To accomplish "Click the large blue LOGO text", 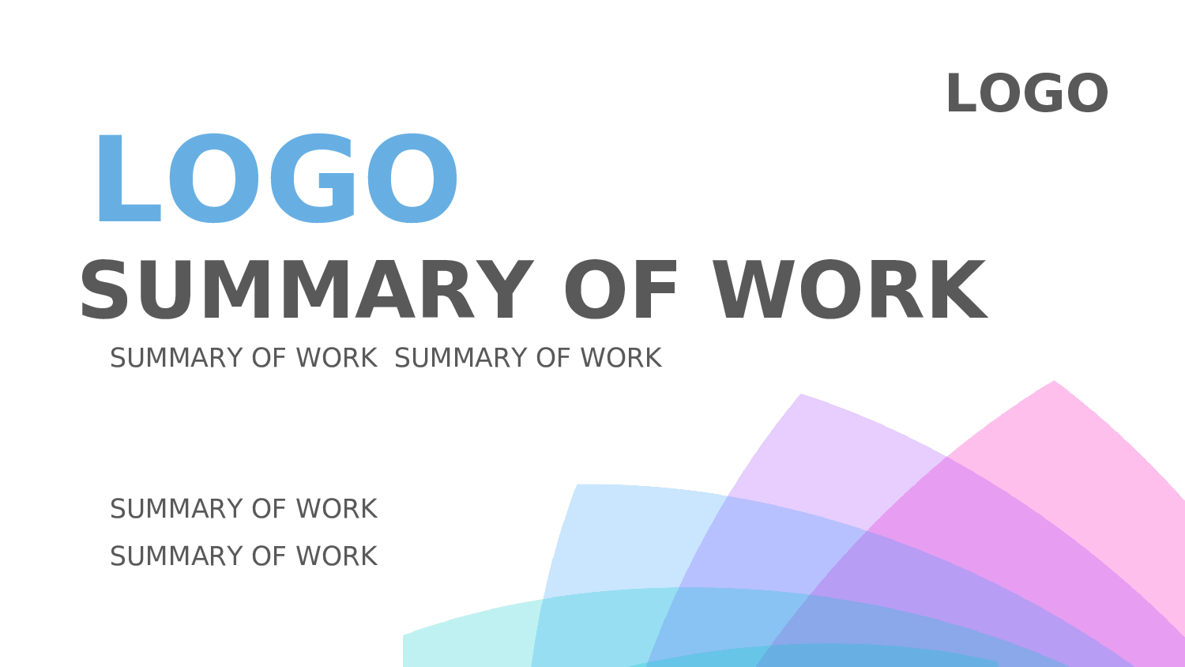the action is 276,178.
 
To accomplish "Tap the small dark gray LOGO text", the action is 1027,93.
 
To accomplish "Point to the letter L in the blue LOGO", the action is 129,178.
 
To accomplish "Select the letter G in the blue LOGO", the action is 312,178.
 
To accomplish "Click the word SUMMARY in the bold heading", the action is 307,289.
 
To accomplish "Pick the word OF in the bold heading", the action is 620,289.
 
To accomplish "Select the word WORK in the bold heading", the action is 850,289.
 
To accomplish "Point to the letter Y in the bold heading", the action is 502,289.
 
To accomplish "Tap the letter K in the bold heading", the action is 957,289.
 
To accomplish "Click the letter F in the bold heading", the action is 656,289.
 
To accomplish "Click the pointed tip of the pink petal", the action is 1054,381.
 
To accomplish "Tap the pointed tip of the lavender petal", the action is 802,394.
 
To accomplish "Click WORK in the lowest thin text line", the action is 337,556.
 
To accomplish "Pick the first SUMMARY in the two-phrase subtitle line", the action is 176,358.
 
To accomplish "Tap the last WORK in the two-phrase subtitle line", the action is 621,358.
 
